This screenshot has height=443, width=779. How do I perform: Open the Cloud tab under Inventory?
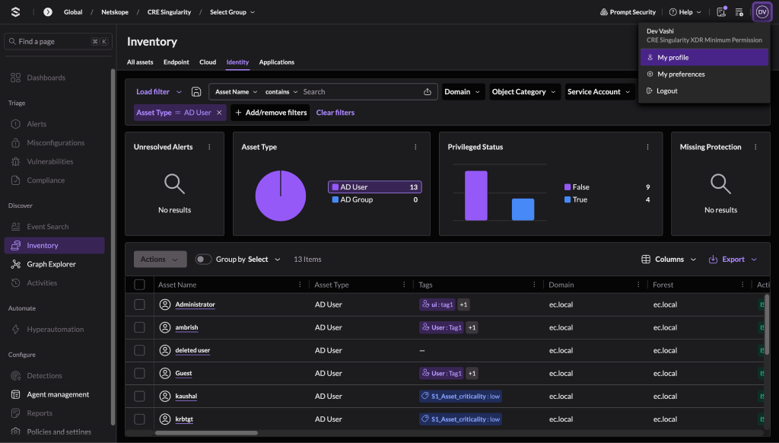point(208,62)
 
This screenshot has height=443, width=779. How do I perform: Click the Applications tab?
point(277,62)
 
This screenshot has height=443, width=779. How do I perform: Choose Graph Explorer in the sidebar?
point(51,264)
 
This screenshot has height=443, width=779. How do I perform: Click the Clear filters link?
point(335,113)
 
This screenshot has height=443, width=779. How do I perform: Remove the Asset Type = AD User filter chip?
point(219,113)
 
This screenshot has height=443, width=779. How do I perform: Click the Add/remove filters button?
point(270,113)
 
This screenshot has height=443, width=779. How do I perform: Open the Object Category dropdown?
point(523,91)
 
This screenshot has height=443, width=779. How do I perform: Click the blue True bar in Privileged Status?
point(523,209)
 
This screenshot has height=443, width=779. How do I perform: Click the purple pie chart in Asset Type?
point(281,196)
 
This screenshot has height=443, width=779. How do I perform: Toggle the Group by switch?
point(203,259)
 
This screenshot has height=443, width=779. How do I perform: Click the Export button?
point(733,259)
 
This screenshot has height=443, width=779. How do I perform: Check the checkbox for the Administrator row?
point(140,304)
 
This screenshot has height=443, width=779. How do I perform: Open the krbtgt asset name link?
point(184,419)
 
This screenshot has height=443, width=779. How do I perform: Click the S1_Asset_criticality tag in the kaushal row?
point(460,397)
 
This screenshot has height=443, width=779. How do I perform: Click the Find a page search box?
point(58,41)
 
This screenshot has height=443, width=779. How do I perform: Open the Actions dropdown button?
point(160,259)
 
